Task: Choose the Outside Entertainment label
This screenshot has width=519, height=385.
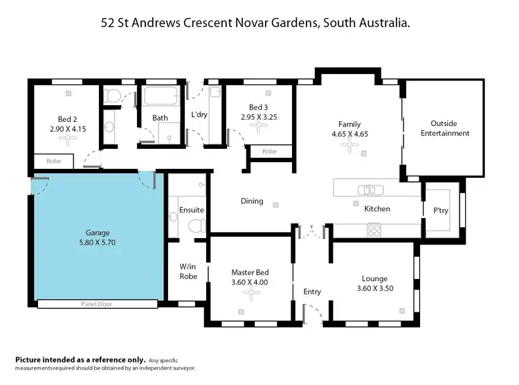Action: pyautogui.click(x=445, y=128)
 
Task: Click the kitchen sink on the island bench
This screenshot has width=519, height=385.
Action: pyautogui.click(x=368, y=189)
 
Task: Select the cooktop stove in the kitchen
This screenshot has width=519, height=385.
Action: pyautogui.click(x=374, y=228)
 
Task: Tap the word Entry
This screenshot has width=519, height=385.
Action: pyautogui.click(x=312, y=292)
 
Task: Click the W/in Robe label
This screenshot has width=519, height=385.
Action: pyautogui.click(x=188, y=271)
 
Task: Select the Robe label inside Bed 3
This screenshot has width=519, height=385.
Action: pyautogui.click(x=270, y=151)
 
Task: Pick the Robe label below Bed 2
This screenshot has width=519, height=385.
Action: pyautogui.click(x=54, y=161)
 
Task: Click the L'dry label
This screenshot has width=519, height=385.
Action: pyautogui.click(x=199, y=115)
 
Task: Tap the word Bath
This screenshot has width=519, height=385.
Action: pyautogui.click(x=160, y=118)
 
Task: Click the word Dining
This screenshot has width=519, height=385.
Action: pyautogui.click(x=252, y=202)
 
